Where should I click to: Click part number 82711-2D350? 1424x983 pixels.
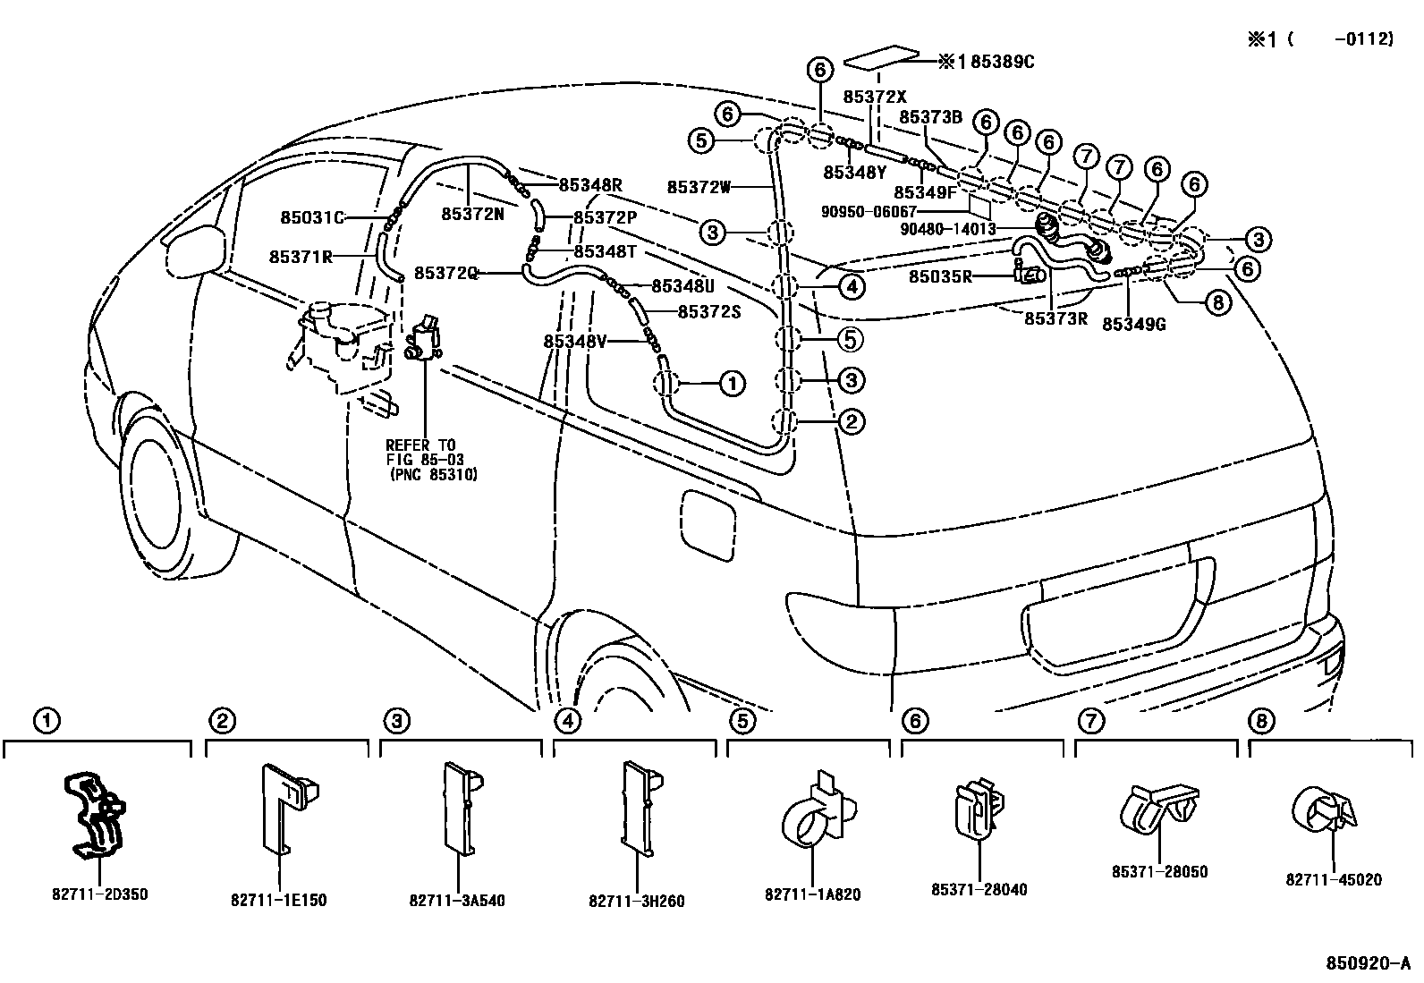click(97, 894)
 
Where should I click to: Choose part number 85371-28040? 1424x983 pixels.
click(979, 889)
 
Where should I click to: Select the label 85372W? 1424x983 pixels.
click(699, 187)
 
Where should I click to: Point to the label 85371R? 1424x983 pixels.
click(301, 256)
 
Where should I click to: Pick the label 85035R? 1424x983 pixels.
click(940, 276)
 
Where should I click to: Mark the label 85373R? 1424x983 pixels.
click(1055, 318)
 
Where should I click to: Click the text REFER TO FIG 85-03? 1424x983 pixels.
click(421, 453)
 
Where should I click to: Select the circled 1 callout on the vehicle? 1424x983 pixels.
click(731, 385)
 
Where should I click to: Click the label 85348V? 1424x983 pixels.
click(575, 341)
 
